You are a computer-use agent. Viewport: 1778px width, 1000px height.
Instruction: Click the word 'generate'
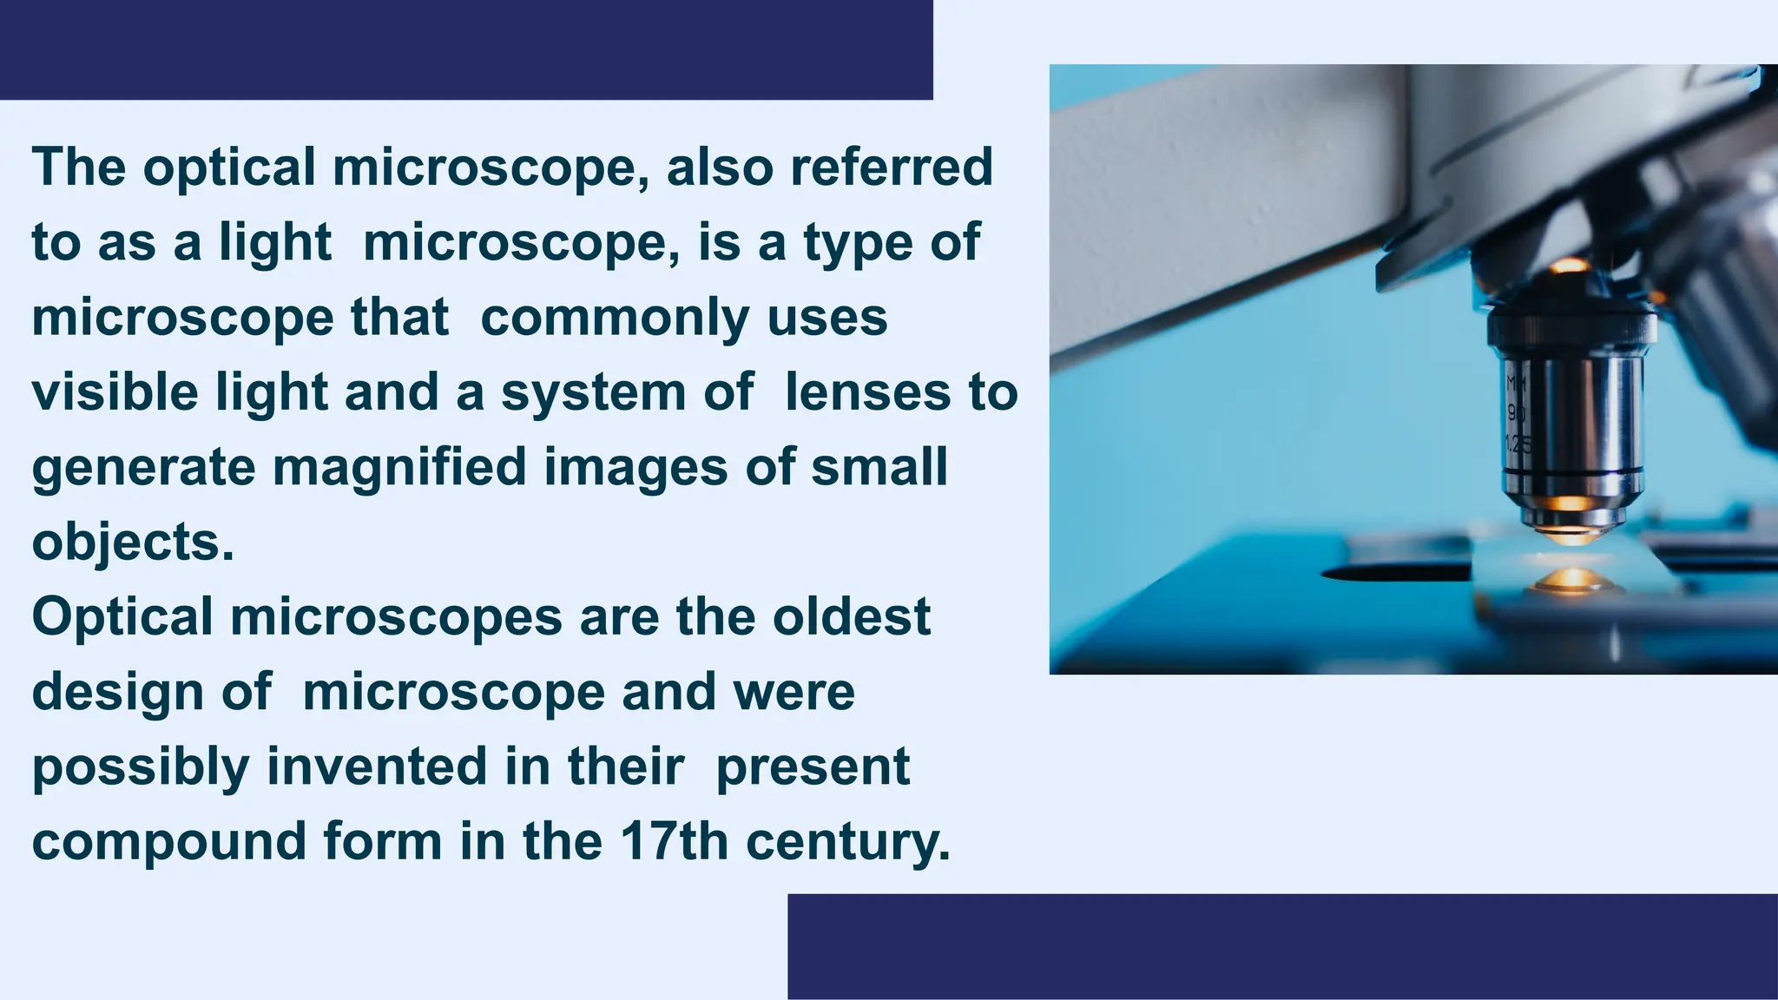coord(144,469)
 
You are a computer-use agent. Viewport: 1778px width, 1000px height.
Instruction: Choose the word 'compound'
coord(169,842)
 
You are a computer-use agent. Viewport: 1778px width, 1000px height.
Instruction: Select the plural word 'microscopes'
coord(396,618)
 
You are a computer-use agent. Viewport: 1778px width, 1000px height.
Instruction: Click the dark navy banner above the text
coord(466,49)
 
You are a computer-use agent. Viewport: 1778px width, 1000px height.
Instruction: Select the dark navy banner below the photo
coord(1282,946)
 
